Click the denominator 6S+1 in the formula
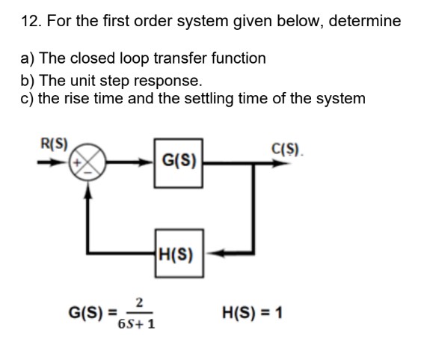coord(136,323)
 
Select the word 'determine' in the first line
coord(366,21)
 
